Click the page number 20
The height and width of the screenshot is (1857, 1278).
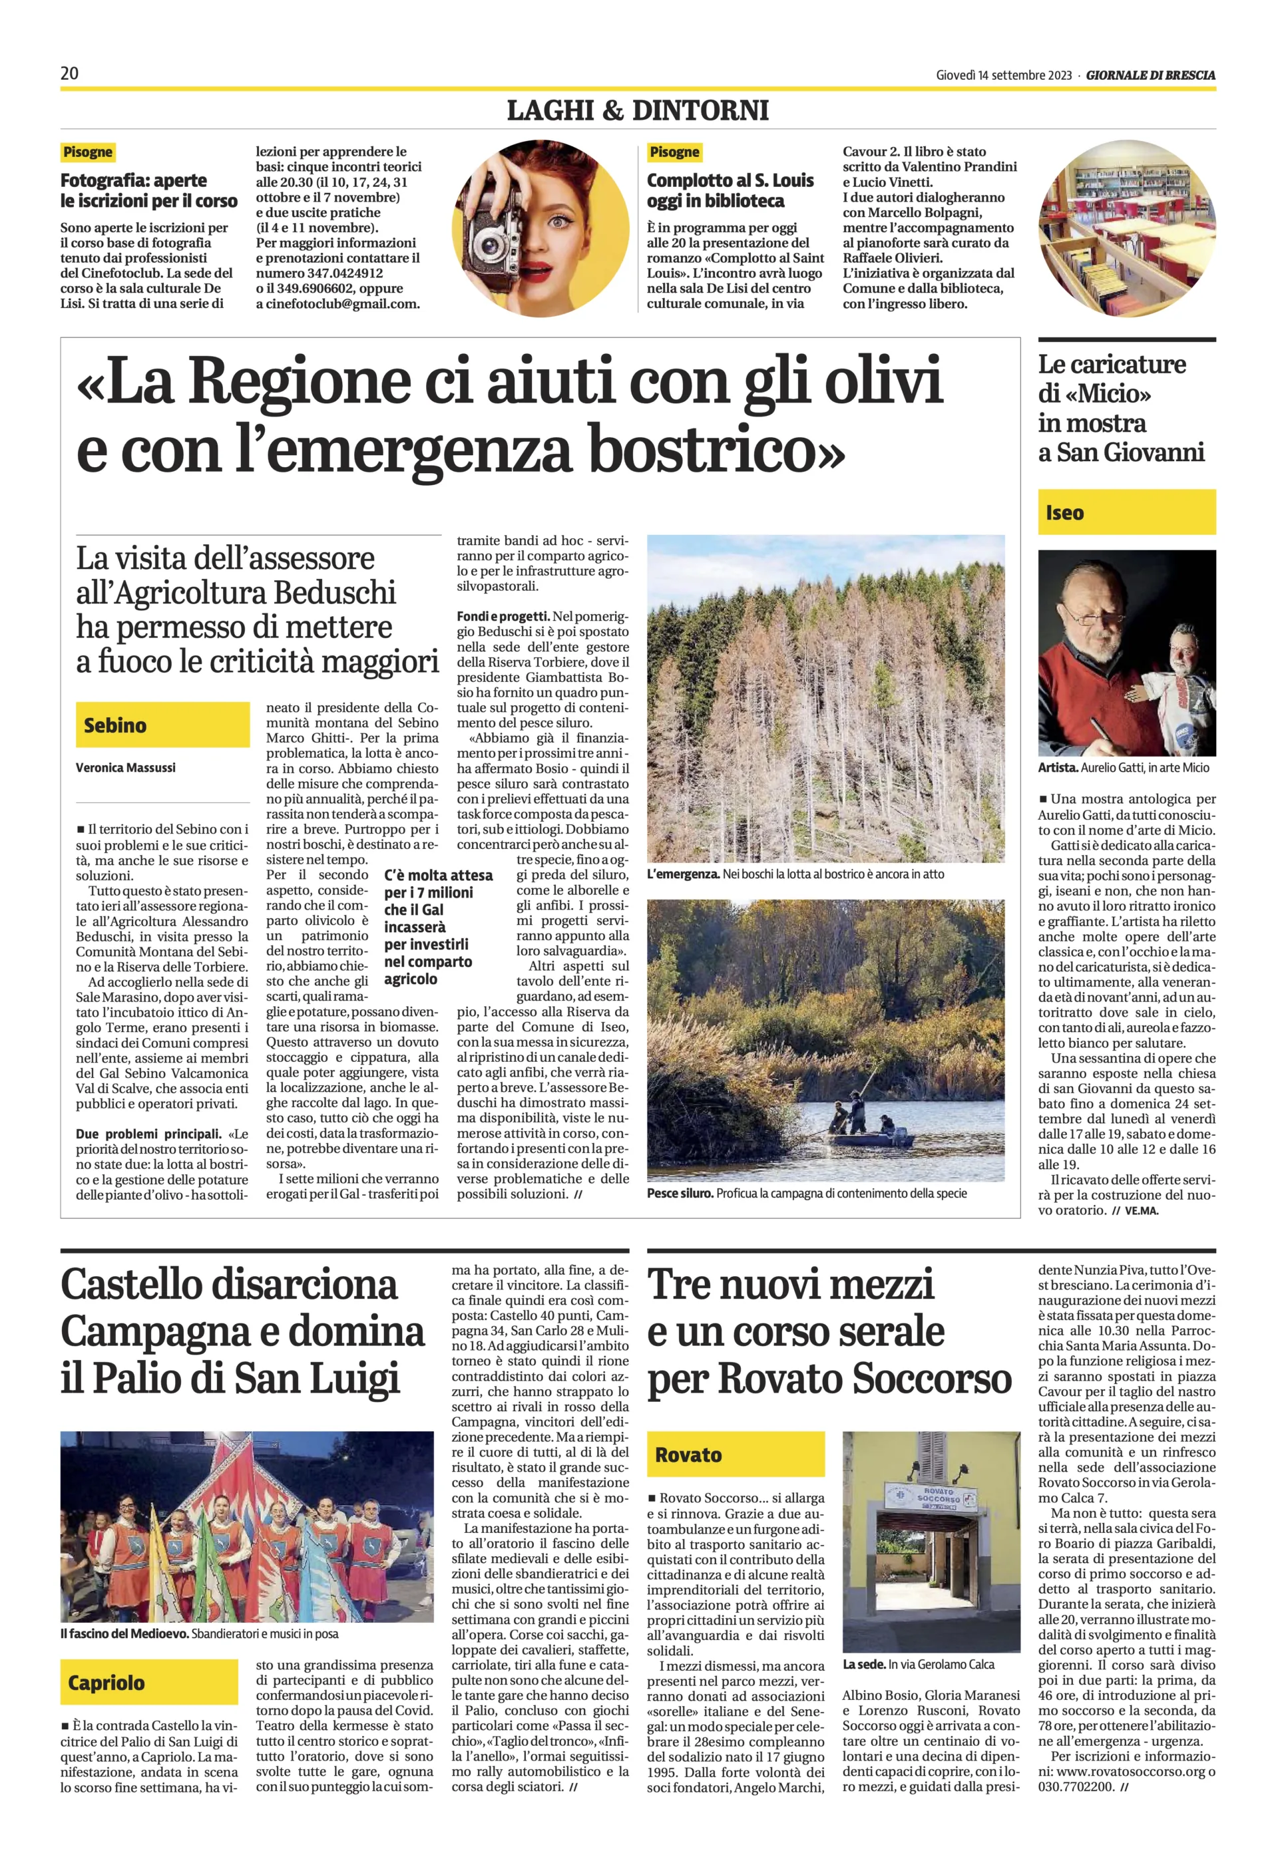(x=70, y=74)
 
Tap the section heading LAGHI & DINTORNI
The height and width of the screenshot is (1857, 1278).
(x=638, y=110)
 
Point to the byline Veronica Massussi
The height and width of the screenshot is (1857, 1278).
(x=126, y=768)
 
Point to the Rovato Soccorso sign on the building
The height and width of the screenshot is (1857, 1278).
(x=931, y=1496)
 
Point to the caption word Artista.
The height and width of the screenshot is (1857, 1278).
(x=1057, y=768)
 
